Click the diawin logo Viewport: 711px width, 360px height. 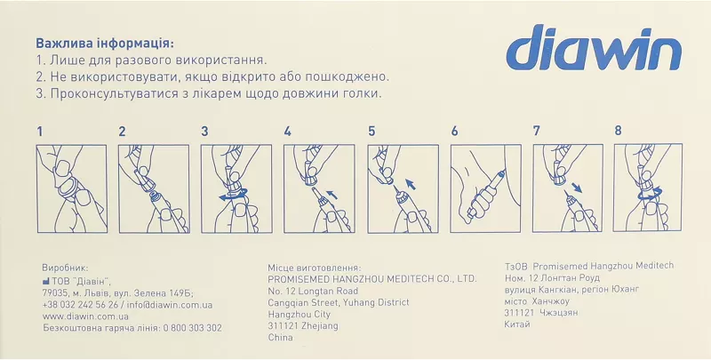(x=594, y=48)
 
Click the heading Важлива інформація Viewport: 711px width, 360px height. (x=105, y=44)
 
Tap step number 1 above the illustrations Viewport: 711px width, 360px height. (x=40, y=132)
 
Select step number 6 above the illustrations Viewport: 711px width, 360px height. (x=454, y=132)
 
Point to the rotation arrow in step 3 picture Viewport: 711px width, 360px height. (x=233, y=195)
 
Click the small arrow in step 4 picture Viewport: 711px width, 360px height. (x=332, y=195)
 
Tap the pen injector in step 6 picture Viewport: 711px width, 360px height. (x=487, y=195)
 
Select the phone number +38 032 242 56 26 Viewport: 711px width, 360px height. (x=80, y=305)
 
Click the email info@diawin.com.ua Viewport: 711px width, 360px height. (x=170, y=305)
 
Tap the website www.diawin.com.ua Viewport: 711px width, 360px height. (x=85, y=316)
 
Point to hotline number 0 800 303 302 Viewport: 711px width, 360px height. (x=192, y=328)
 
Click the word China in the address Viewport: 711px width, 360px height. (x=280, y=337)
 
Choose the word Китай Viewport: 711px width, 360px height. (x=517, y=324)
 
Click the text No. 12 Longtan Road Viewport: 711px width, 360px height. (x=313, y=291)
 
